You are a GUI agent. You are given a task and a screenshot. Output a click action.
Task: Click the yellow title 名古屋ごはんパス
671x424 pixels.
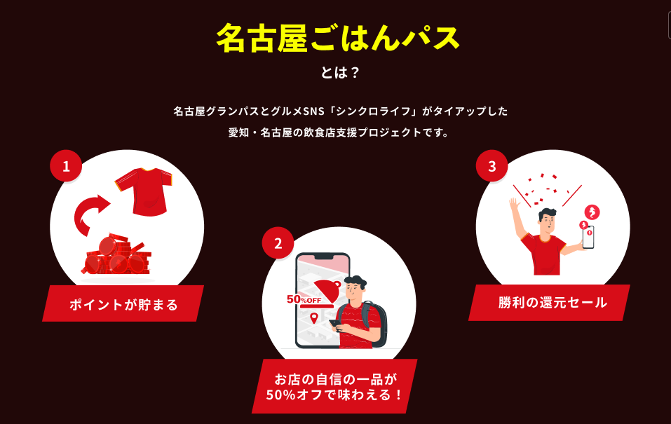[x=337, y=39]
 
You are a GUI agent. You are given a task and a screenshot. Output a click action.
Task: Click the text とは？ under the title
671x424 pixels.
[x=339, y=73]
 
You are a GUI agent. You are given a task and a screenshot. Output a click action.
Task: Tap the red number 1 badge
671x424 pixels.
[x=67, y=167]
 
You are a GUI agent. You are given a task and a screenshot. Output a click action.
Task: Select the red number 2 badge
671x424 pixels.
[x=278, y=243]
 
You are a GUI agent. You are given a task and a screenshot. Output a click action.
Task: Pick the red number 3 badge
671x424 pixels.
[x=492, y=166]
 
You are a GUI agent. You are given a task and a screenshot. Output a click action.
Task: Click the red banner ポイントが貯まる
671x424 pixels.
[x=123, y=304]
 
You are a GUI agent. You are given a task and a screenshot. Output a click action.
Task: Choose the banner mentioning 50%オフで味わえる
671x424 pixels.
[x=334, y=386]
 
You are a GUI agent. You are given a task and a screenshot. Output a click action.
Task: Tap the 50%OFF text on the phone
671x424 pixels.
[x=304, y=299]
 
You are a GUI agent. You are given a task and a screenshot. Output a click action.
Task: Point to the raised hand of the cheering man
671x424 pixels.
[x=514, y=206]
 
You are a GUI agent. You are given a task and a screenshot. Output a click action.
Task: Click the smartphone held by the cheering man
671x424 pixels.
[x=588, y=236]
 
